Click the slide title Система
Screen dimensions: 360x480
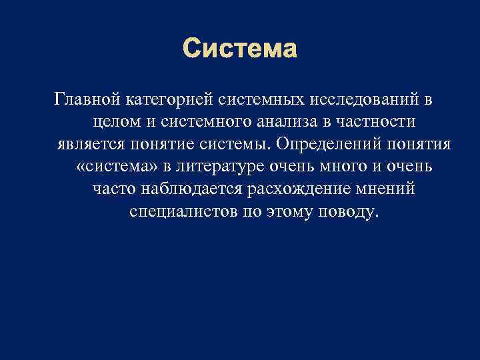[x=240, y=49]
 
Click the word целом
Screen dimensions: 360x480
[x=114, y=122]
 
